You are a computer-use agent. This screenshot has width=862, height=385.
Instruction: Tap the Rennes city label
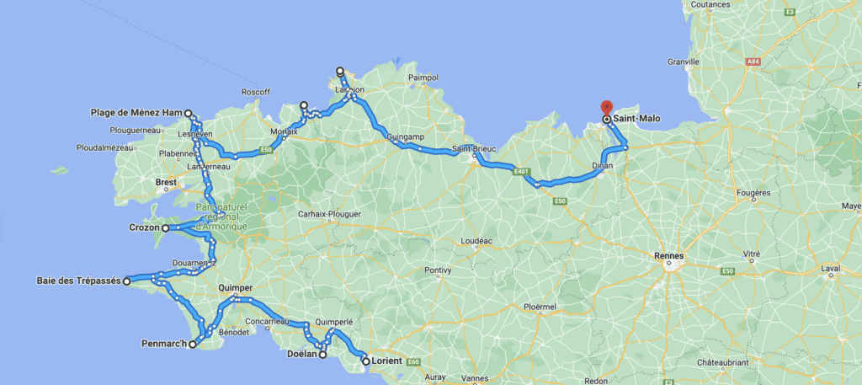(x=670, y=256)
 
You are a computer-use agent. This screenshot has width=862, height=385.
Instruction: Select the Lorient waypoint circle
(x=366, y=361)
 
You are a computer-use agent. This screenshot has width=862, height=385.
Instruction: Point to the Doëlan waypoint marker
(x=322, y=355)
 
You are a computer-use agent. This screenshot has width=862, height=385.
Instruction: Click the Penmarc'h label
(x=163, y=344)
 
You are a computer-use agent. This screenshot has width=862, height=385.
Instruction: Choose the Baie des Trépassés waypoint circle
(x=127, y=281)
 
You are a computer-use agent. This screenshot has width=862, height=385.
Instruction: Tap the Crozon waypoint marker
(x=165, y=227)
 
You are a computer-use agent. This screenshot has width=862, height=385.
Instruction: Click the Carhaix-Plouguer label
(x=329, y=214)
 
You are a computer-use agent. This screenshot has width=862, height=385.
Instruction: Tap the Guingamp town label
(x=399, y=136)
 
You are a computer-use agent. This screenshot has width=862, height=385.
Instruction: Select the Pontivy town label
(x=438, y=270)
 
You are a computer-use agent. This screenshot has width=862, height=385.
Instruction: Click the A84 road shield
(x=754, y=61)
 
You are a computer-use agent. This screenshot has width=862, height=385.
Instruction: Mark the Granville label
(x=684, y=61)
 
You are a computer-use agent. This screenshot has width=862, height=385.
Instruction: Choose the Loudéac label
(x=476, y=240)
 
